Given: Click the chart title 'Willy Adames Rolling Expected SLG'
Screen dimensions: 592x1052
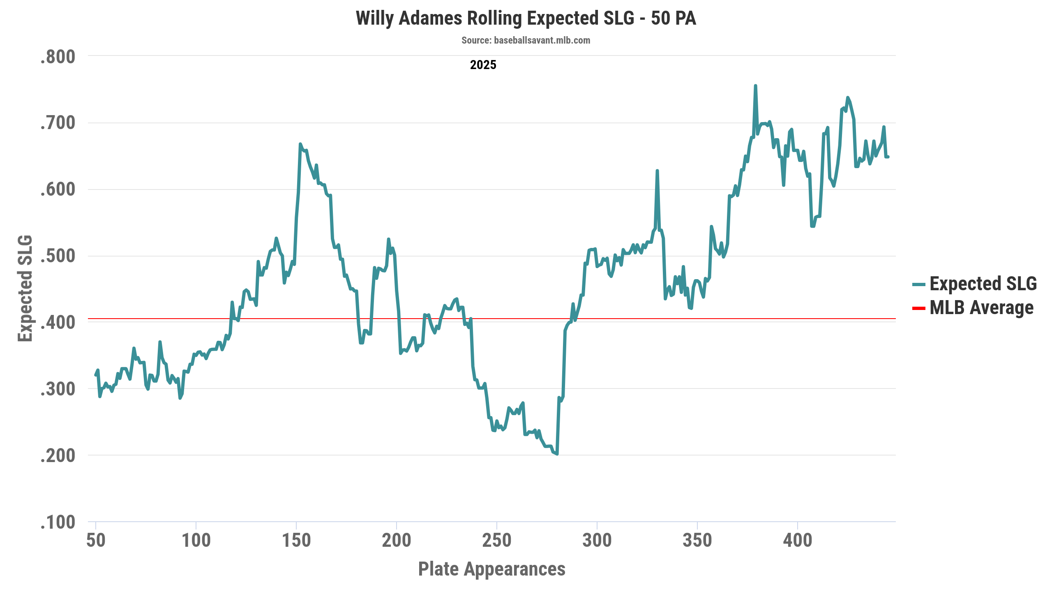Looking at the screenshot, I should pos(526,18).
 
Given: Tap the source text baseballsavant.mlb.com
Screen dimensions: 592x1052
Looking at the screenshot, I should pos(526,40).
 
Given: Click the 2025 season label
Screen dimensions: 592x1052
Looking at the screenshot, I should pos(483,65).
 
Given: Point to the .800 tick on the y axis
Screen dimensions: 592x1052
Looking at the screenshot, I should pos(58,57).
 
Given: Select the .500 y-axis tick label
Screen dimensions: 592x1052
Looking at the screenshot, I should pos(58,256).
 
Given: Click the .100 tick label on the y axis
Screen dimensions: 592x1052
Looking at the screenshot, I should pos(58,523).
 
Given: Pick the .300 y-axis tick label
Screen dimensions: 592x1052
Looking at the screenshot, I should pos(58,389).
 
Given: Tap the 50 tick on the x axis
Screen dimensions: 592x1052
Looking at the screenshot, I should pos(96,540).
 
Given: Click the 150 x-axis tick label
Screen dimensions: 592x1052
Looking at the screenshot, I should pos(296,540).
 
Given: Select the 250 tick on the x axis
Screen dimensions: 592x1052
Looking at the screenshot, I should pos(497,540).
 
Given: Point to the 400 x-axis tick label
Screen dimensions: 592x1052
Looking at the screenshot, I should pos(798,540).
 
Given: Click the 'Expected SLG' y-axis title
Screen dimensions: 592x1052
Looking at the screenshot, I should pos(25,288).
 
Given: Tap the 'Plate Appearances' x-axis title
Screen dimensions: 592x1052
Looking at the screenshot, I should pos(491,569).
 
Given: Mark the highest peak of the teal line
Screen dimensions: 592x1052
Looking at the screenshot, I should pos(755,86).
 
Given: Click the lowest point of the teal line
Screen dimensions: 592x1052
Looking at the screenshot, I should pos(557,454).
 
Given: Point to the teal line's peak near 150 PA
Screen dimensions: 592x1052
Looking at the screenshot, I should pos(300,144).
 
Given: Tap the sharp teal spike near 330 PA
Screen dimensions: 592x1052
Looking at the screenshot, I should pos(657,171).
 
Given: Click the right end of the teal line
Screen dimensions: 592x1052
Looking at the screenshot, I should pos(888,157).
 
